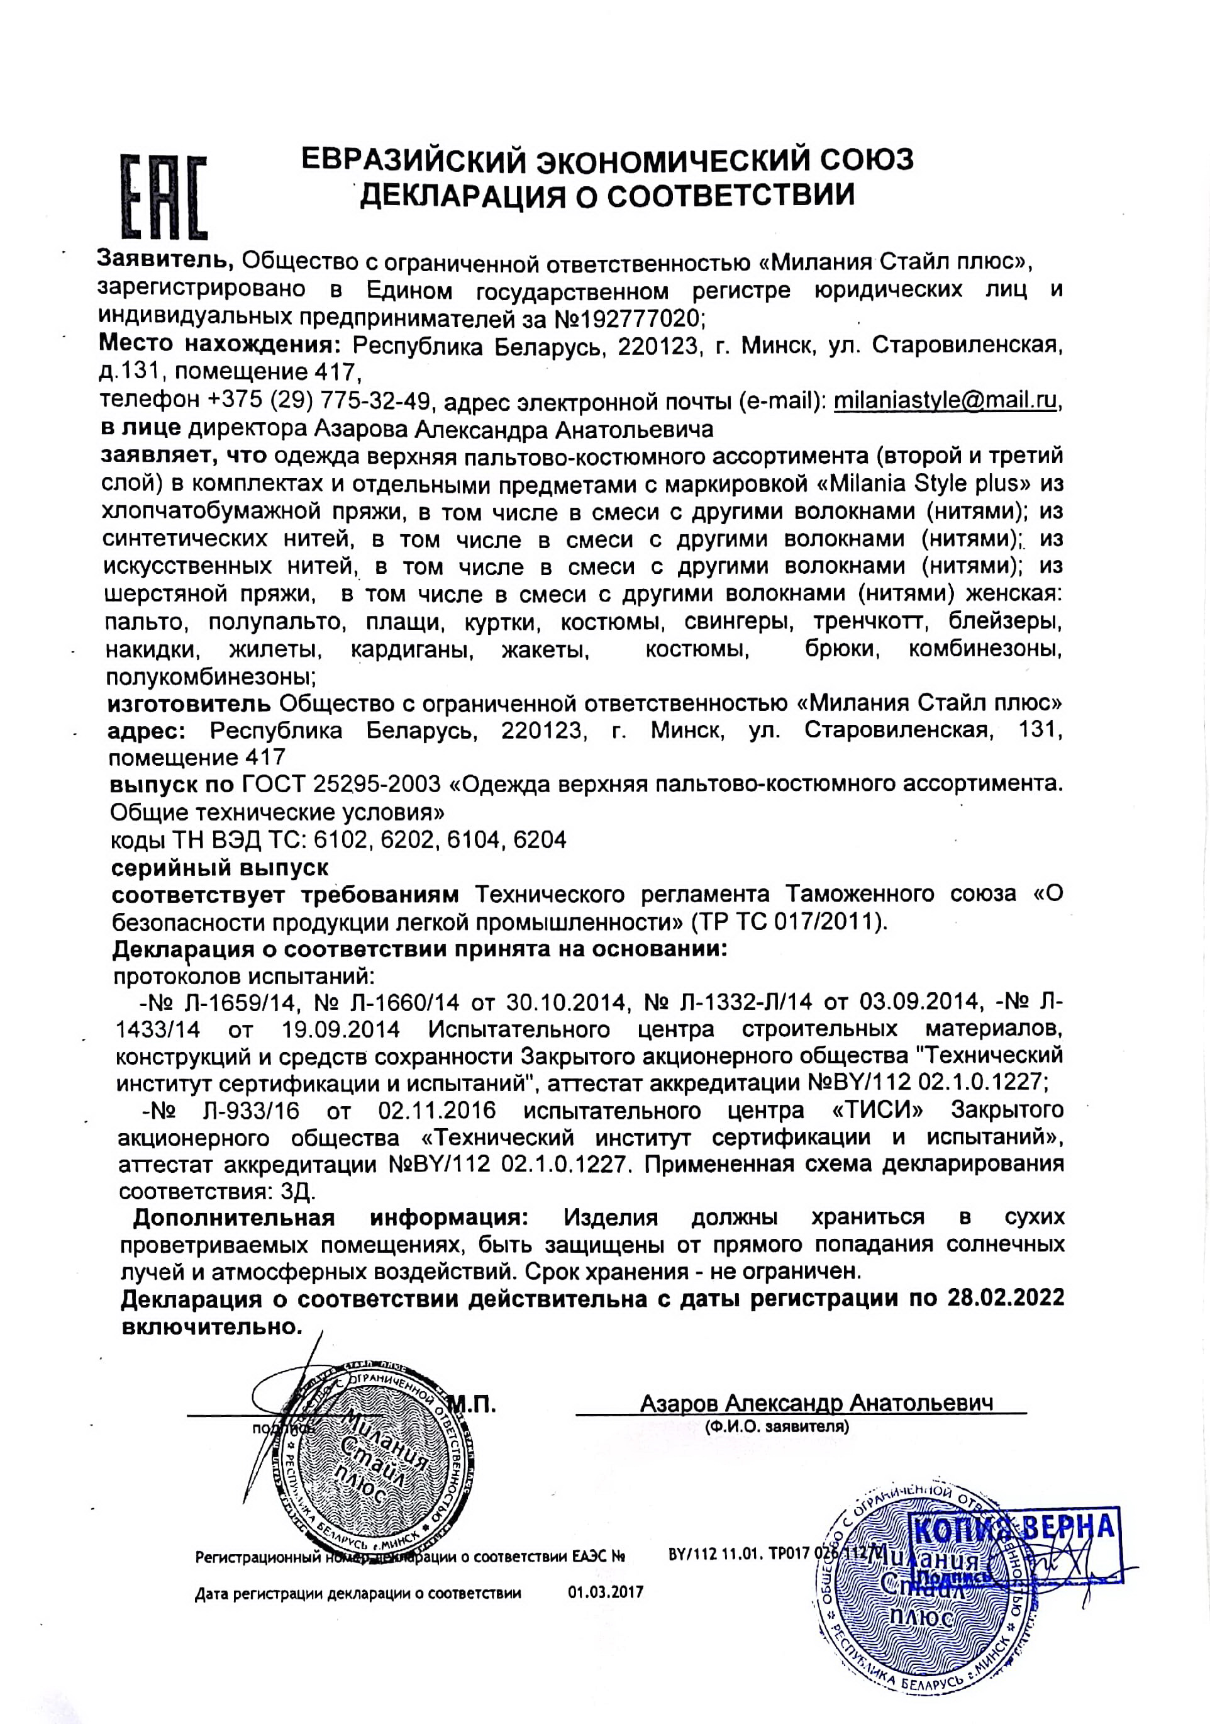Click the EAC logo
pyautogui.click(x=164, y=197)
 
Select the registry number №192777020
pyautogui.click(x=629, y=318)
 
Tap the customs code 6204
pyautogui.click(x=540, y=839)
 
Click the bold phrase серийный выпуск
pyautogui.click(x=220, y=868)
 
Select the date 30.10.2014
pyautogui.click(x=566, y=1002)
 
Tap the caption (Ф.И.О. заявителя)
pyautogui.click(x=777, y=1426)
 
